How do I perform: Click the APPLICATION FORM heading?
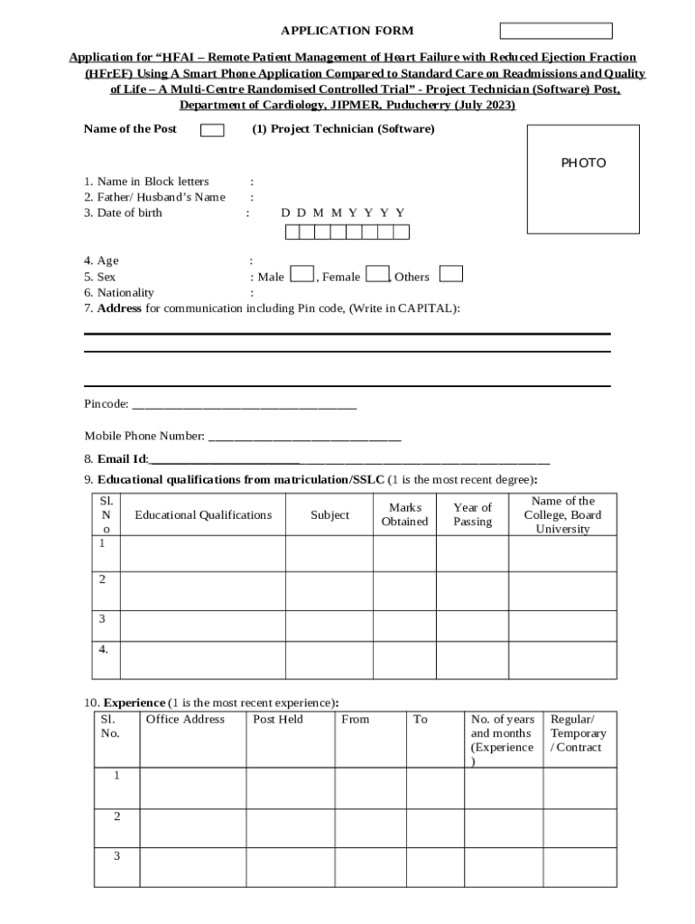click(x=347, y=31)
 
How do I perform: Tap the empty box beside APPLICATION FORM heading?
click(x=556, y=31)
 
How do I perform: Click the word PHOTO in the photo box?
click(x=583, y=163)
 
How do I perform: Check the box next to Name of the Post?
click(x=212, y=131)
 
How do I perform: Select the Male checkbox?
click(x=302, y=274)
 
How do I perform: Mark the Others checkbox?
click(x=451, y=274)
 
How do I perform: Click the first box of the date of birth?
click(x=292, y=233)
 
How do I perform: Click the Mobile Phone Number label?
click(x=144, y=436)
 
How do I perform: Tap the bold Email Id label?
click(x=122, y=459)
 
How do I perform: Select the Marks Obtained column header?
click(x=404, y=514)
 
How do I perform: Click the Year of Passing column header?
click(x=472, y=514)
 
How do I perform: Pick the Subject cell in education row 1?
click(x=329, y=553)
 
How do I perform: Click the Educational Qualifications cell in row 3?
click(x=202, y=624)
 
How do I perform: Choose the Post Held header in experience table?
click(x=278, y=719)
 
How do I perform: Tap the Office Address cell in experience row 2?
click(x=192, y=828)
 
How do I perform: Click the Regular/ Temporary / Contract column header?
click(x=578, y=734)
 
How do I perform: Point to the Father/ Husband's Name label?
click(x=154, y=197)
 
